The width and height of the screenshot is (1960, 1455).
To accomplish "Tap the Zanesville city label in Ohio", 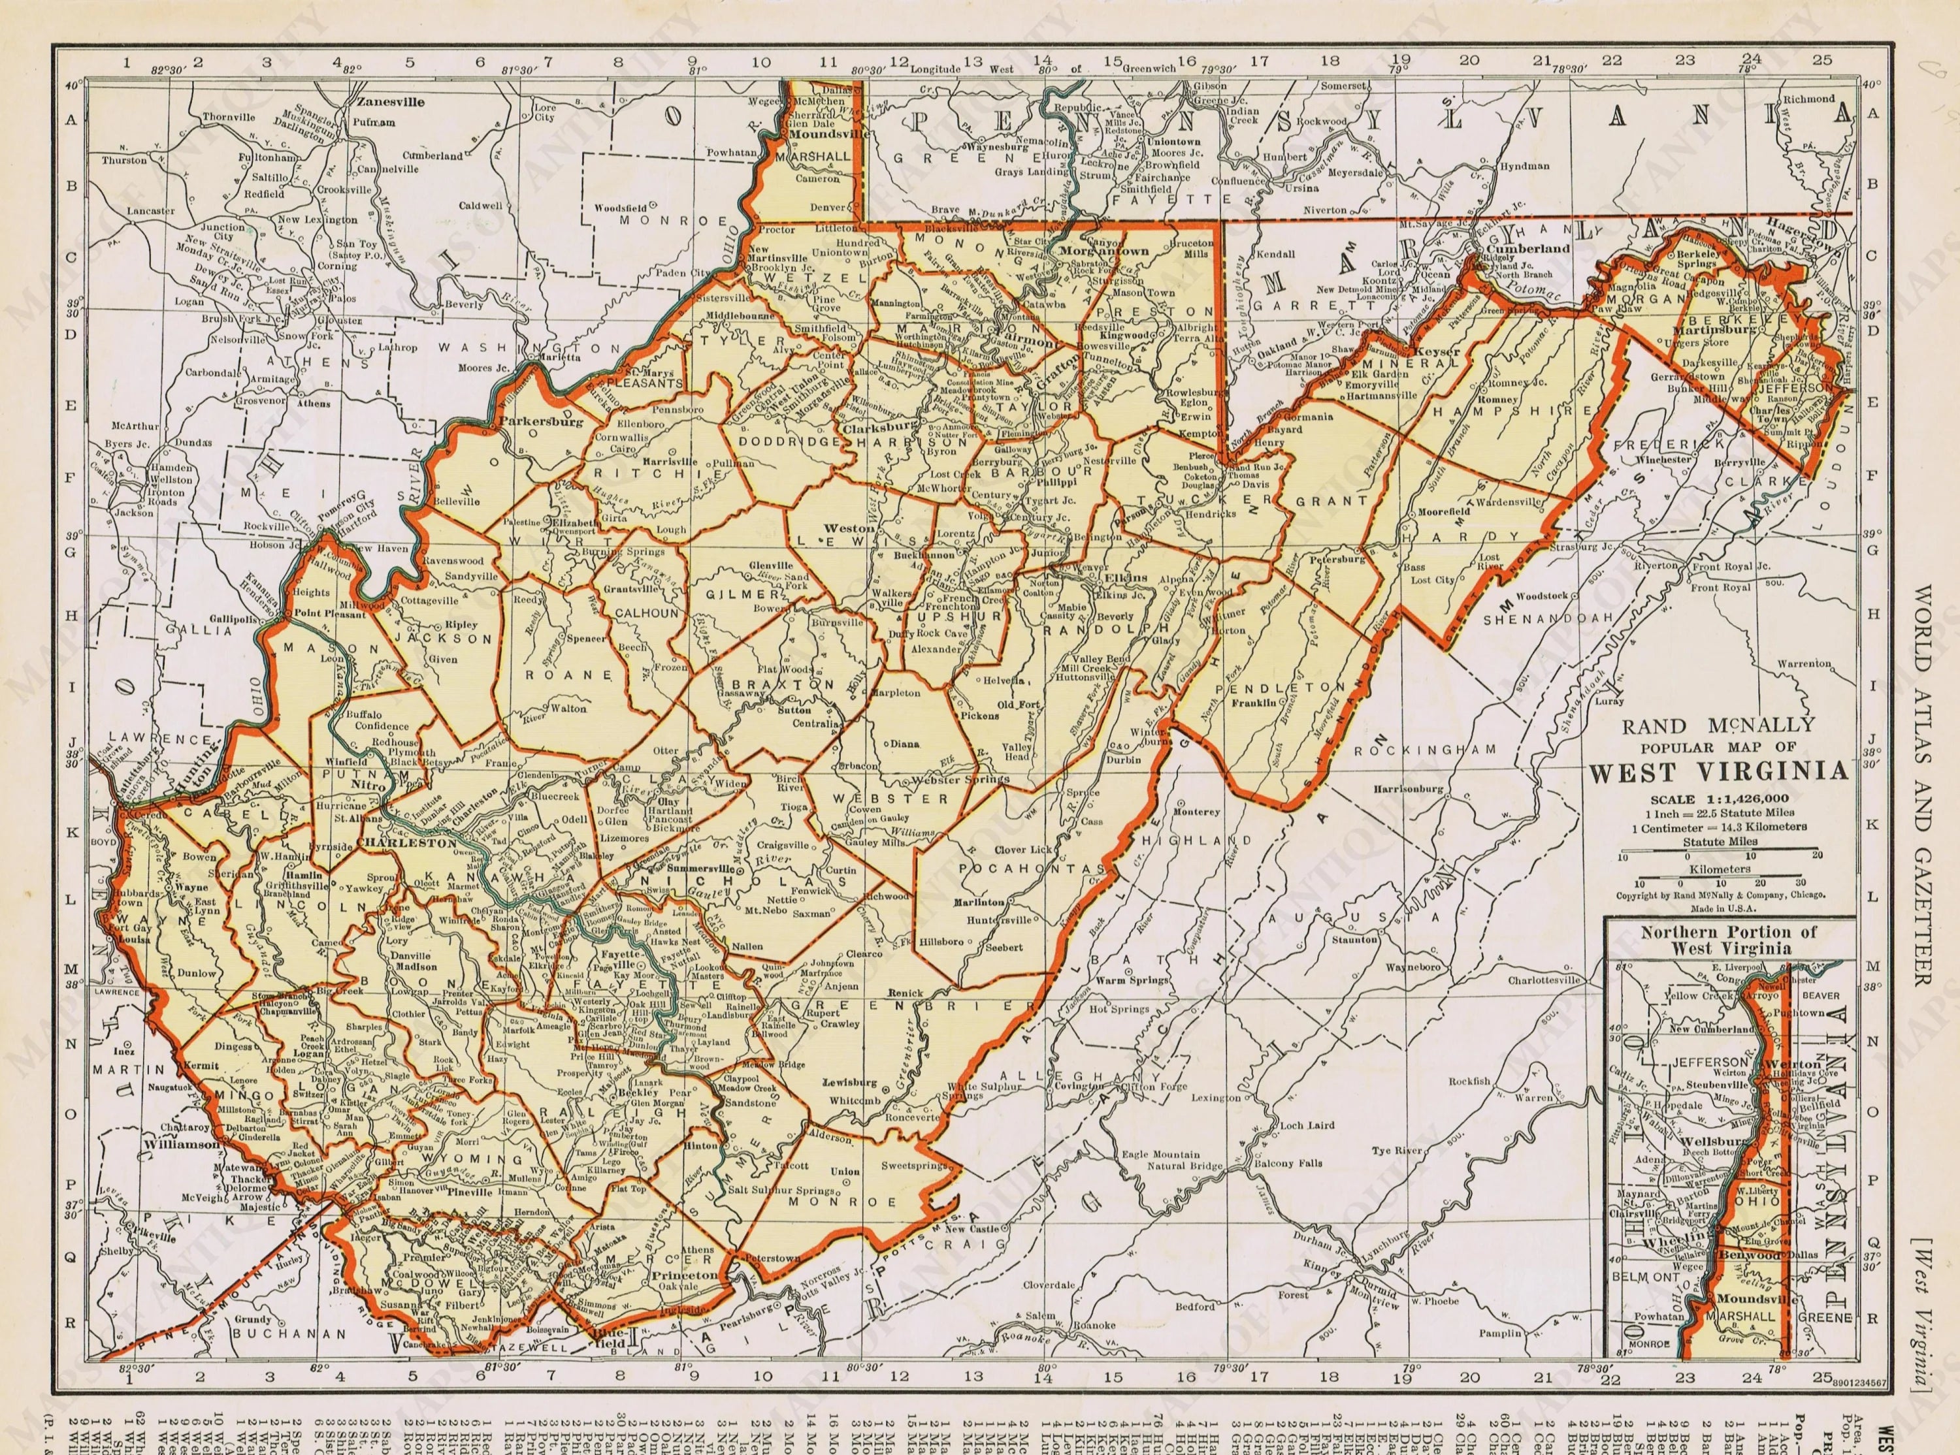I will point(390,102).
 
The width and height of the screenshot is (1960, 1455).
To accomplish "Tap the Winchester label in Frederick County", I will point(1664,459).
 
